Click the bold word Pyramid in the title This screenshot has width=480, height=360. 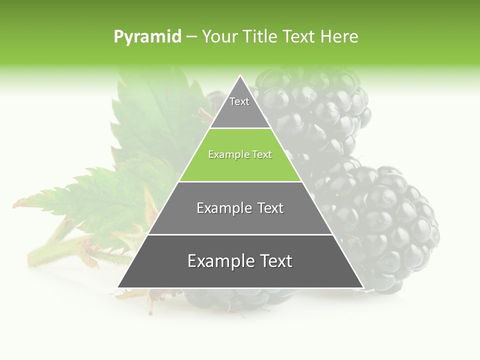coord(147,36)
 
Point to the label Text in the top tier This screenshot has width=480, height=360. coord(239,101)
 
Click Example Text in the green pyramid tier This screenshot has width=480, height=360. coord(240,154)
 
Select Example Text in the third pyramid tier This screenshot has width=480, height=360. coord(240,208)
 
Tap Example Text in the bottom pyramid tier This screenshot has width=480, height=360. coord(240,261)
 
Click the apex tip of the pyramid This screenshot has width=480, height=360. coord(240,76)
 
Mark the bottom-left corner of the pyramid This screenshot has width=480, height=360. coord(118,287)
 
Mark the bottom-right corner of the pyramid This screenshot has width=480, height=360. coord(363,287)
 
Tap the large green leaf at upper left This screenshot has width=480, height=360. coord(155,115)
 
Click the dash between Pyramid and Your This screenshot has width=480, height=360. coord(192,36)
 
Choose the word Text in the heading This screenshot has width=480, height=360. coord(299,36)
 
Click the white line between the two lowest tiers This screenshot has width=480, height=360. coord(240,234)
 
